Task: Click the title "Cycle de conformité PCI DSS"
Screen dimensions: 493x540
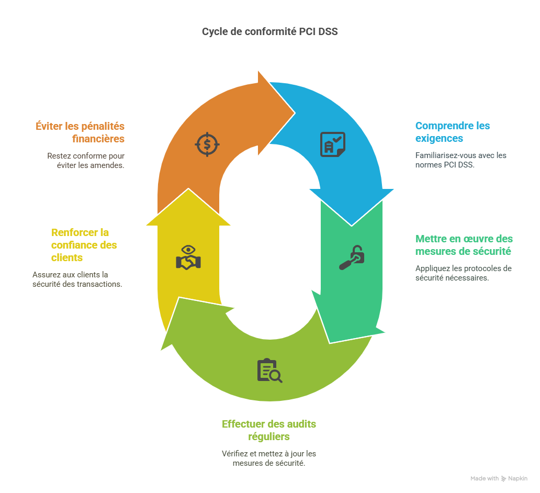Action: coord(270,32)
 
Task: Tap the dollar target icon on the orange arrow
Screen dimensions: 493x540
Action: coord(207,144)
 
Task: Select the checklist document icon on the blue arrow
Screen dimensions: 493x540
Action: coord(332,144)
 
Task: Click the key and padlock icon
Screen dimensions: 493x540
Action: coord(351,257)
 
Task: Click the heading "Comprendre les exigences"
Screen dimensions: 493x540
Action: coord(453,132)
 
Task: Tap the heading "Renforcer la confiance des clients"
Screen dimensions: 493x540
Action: coord(84,245)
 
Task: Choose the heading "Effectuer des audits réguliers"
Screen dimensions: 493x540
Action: coord(269,430)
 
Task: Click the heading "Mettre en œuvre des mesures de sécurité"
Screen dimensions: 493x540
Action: coord(464,245)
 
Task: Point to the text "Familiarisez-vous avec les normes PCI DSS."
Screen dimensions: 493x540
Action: coord(460,160)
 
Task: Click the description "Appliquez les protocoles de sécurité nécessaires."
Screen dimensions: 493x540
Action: coord(463,273)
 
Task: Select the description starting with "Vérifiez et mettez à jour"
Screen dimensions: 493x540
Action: coord(269,458)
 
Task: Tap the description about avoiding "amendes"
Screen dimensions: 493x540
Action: coord(86,160)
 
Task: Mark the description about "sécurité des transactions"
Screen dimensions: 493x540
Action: coord(77,279)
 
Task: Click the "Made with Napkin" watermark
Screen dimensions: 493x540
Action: coord(499,478)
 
